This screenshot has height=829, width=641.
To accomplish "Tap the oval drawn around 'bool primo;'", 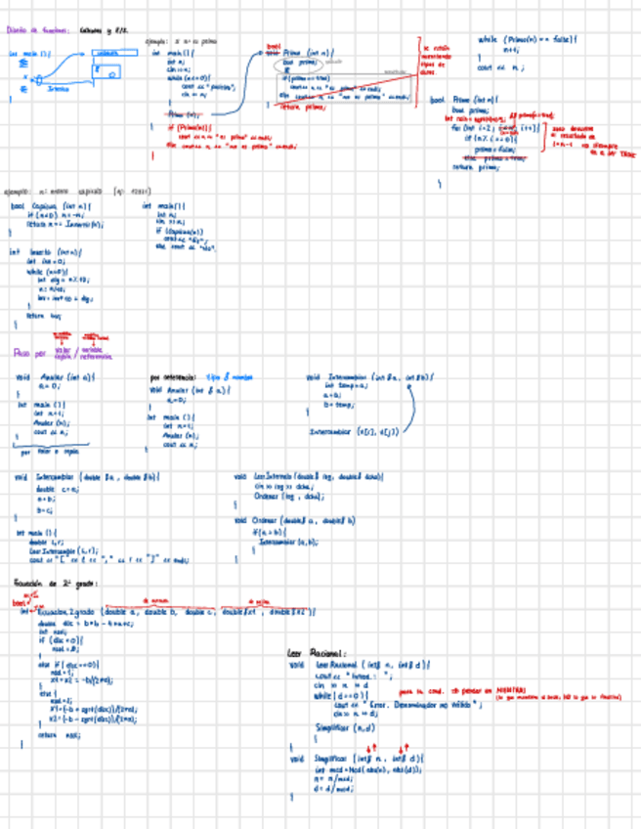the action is point(302,63).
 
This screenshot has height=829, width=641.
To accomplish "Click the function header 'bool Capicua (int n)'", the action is point(51,206).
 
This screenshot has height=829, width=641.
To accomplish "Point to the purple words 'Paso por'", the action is point(29,352).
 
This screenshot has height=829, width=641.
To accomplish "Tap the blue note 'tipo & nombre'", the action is point(228,376).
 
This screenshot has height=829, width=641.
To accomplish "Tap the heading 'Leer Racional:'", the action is point(312,652).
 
